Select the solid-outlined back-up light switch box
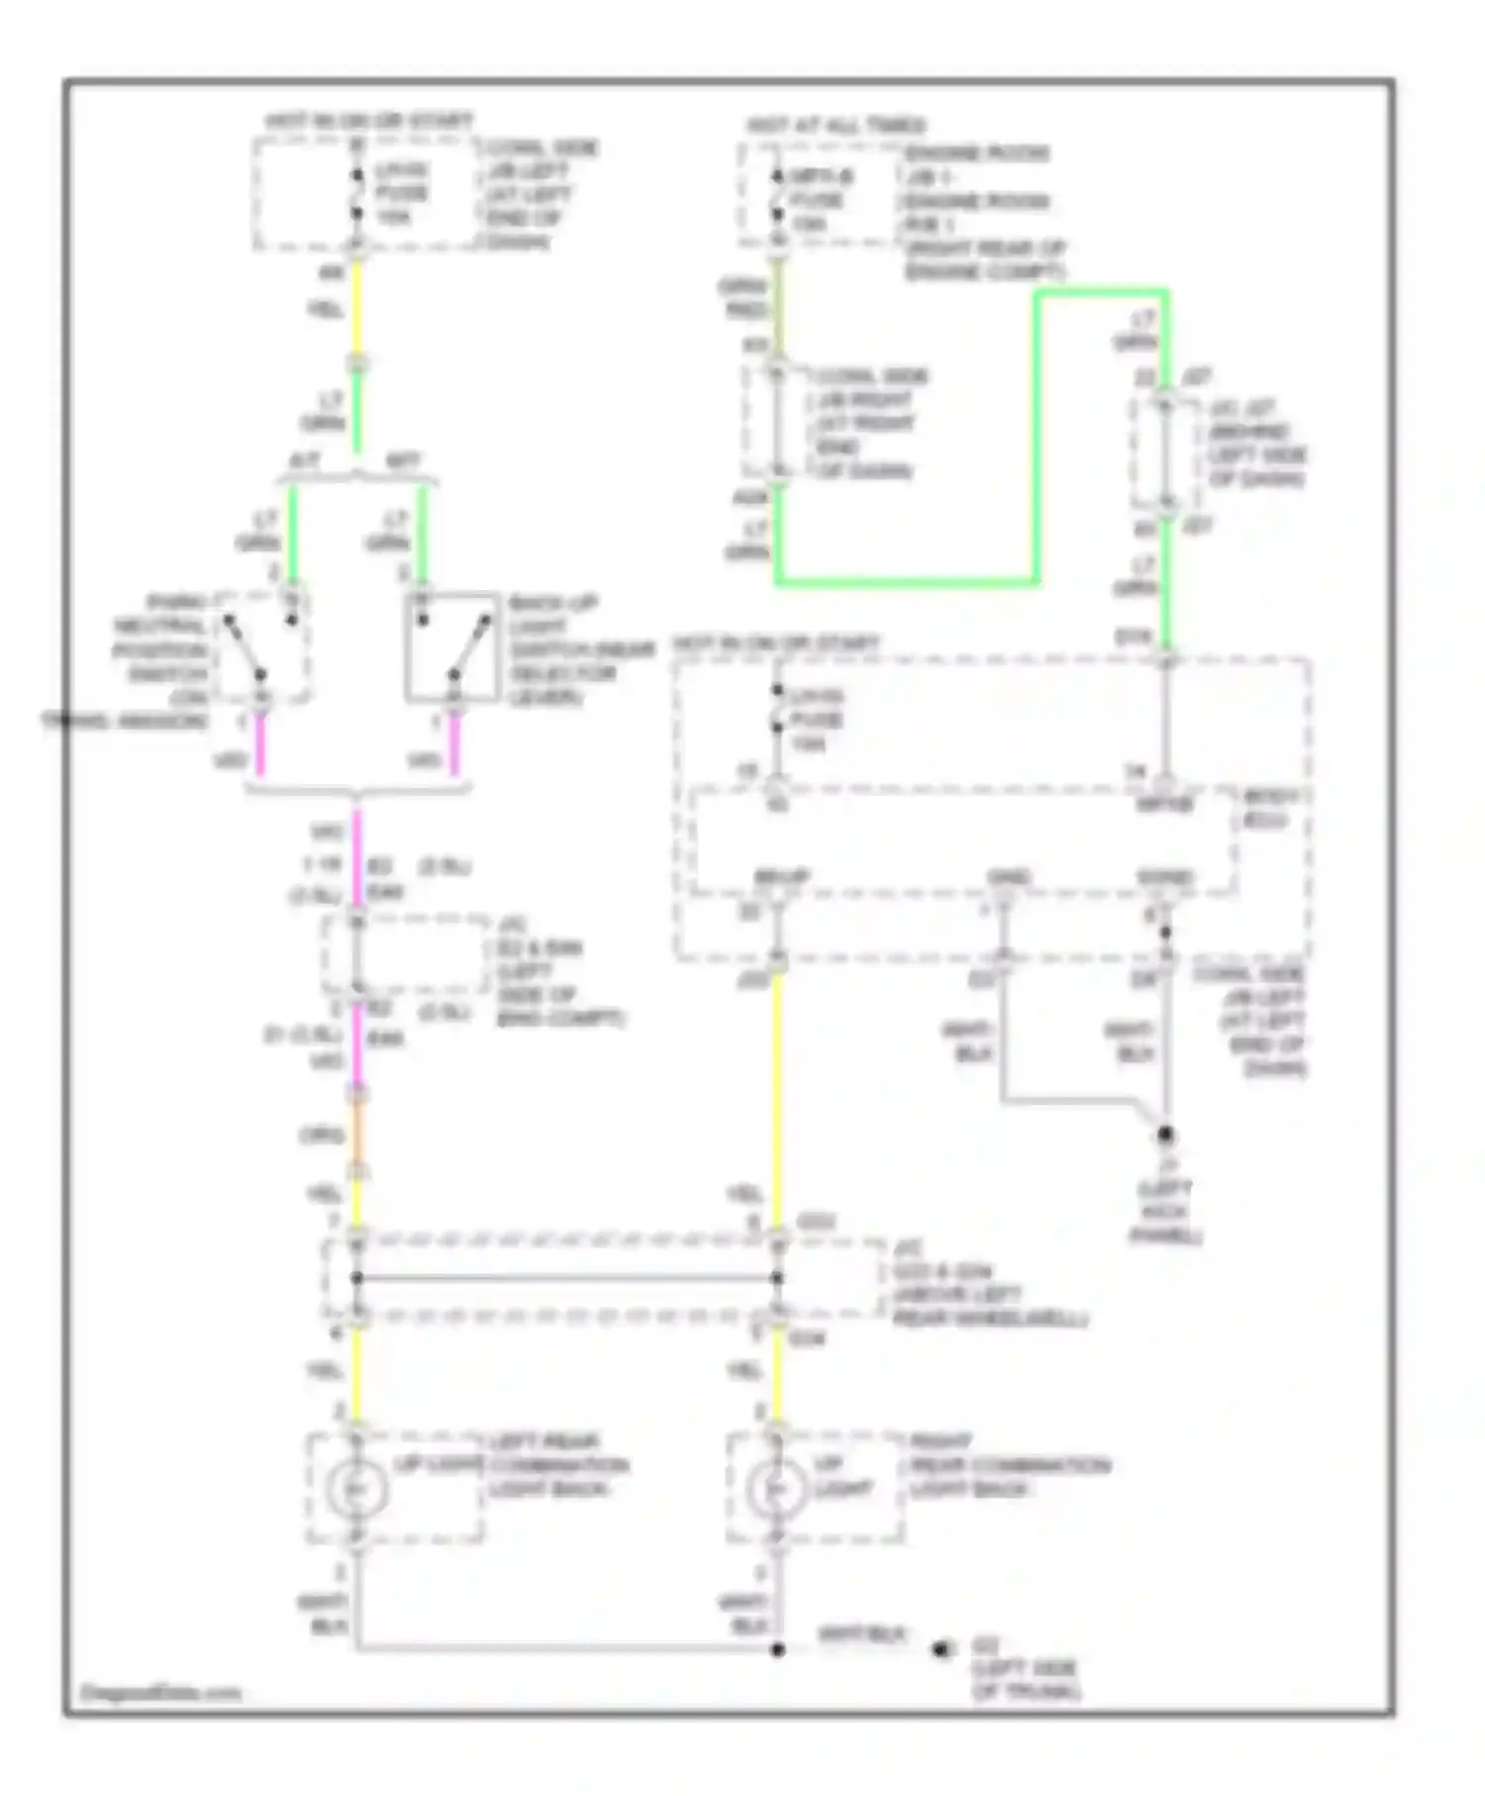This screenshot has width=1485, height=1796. [x=452, y=648]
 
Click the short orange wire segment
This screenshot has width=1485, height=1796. [x=358, y=1133]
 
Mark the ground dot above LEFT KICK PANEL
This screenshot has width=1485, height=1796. [x=1166, y=1134]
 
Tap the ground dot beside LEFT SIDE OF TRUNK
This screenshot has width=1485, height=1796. [x=940, y=1649]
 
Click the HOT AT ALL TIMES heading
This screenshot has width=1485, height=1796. [x=837, y=126]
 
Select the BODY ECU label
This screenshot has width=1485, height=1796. [x=1271, y=808]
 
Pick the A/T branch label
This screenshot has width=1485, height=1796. [x=305, y=461]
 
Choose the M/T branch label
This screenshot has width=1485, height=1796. [x=402, y=461]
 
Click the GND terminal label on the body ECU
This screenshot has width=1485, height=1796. [x=1009, y=877]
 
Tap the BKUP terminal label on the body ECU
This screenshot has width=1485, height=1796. [x=782, y=877]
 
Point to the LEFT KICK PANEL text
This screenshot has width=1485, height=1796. [x=1166, y=1212]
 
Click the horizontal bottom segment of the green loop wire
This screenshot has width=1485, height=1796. [x=906, y=581]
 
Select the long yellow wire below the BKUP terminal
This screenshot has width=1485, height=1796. [x=778, y=1089]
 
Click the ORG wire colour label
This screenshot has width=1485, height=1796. [x=323, y=1135]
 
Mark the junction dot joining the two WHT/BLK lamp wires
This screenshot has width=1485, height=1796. [x=778, y=1649]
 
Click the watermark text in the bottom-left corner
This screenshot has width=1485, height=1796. [x=160, y=1692]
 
